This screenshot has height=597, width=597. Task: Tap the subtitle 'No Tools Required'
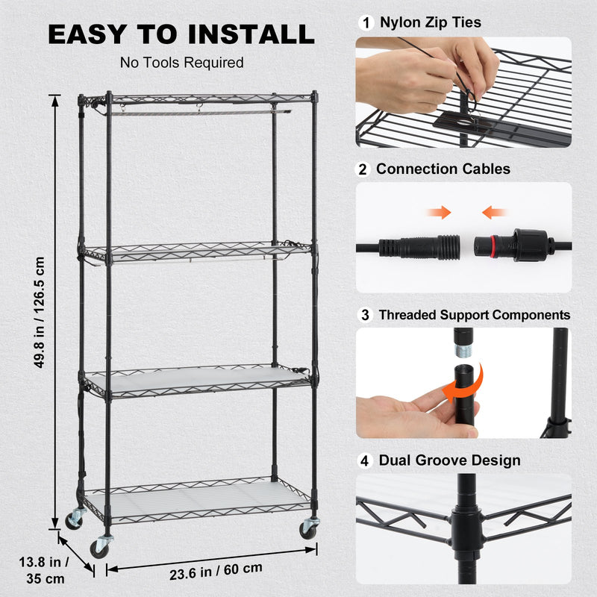(x=182, y=63)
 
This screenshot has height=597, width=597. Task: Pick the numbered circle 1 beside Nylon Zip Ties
(x=365, y=22)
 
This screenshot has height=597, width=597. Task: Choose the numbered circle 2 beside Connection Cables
(x=364, y=169)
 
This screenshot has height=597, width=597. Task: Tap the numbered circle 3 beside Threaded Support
(x=364, y=315)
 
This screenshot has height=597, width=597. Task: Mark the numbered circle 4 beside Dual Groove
(x=364, y=460)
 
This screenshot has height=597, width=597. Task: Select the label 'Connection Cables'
(x=443, y=169)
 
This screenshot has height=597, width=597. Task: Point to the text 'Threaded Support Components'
(x=474, y=315)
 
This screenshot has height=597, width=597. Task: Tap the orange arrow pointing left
(x=494, y=213)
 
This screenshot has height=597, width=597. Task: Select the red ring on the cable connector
(x=494, y=244)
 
